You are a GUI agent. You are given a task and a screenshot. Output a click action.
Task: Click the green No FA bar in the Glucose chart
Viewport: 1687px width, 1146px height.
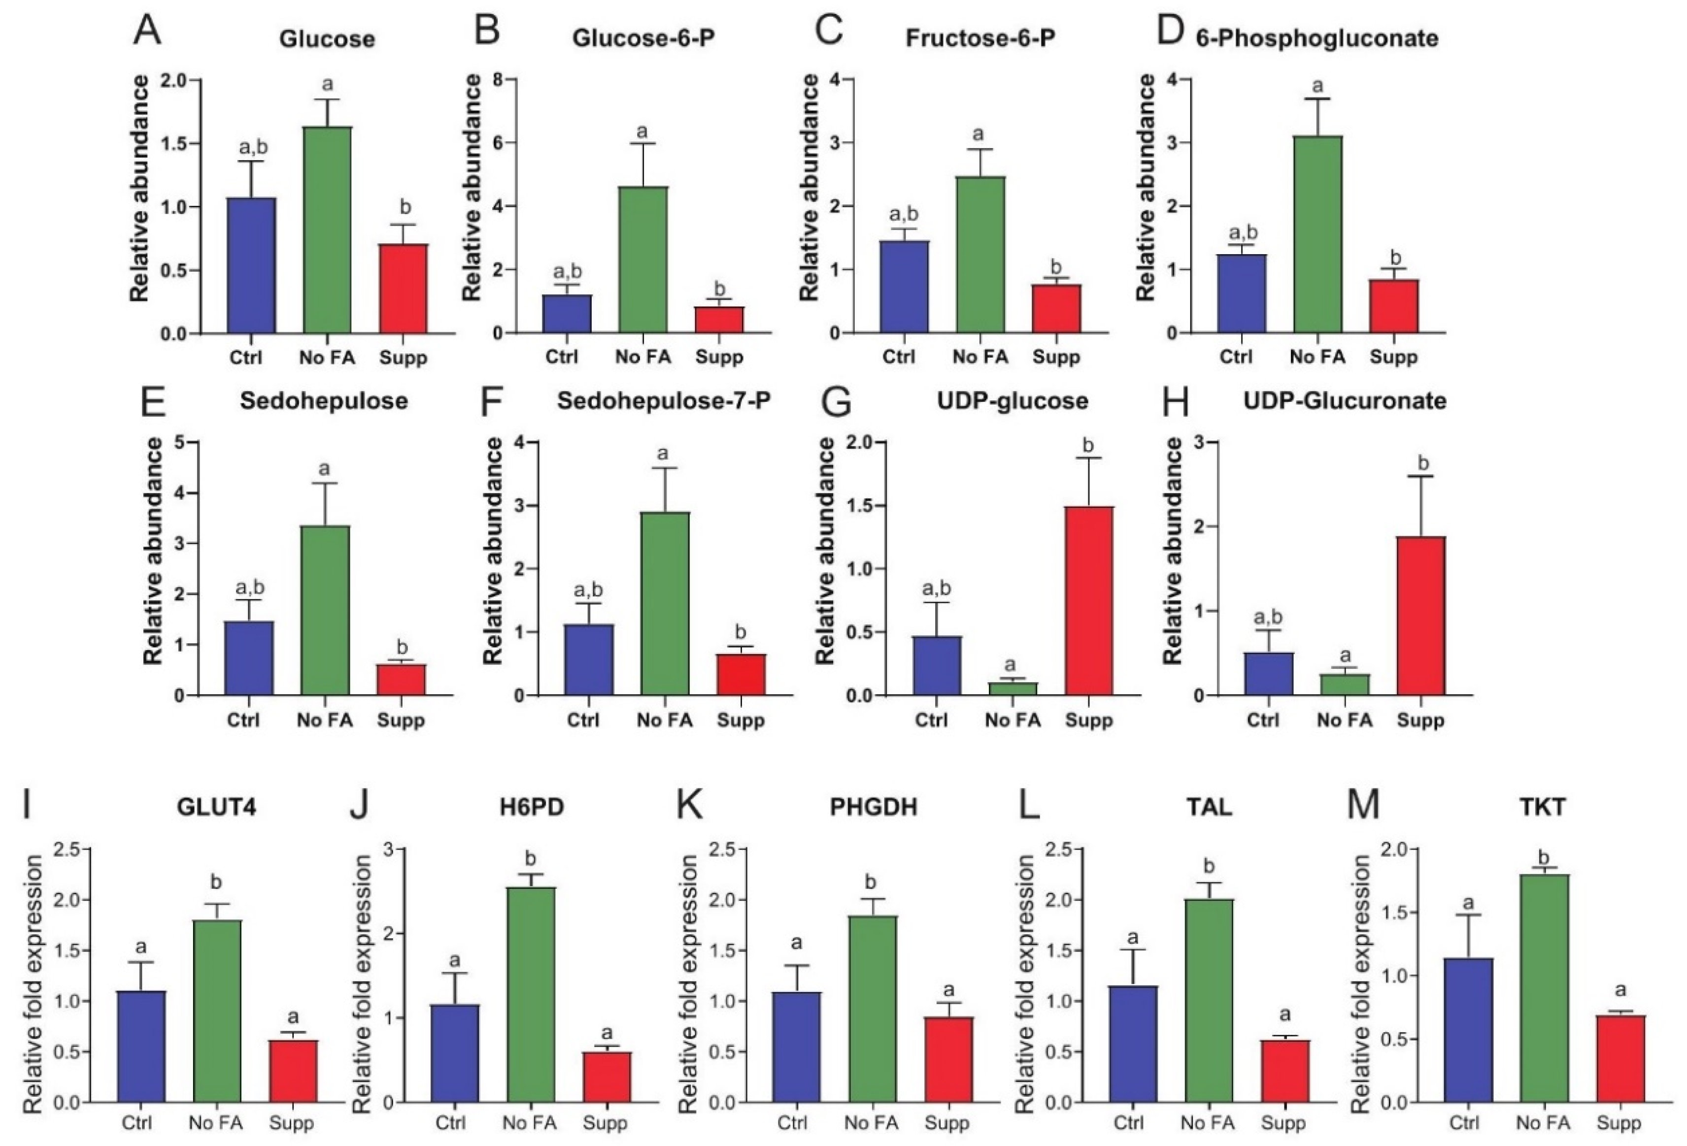(327, 231)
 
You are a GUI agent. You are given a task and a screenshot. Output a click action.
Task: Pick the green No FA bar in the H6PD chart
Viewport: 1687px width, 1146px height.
(530, 995)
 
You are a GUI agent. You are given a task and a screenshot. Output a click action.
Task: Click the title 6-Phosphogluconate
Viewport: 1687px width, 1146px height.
(1317, 38)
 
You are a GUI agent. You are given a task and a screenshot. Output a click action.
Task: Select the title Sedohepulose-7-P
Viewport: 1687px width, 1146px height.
(664, 400)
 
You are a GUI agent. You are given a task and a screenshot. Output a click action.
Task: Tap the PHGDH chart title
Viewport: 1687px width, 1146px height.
(873, 808)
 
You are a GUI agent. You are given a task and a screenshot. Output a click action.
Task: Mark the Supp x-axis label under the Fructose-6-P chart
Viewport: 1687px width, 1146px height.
(1056, 357)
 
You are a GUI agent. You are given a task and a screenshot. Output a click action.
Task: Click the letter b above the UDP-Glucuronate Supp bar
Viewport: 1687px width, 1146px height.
(1423, 463)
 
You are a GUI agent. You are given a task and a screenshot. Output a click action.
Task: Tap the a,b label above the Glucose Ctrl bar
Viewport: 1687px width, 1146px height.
(253, 147)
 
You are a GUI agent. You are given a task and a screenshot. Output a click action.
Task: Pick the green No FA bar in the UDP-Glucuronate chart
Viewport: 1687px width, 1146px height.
(1345, 685)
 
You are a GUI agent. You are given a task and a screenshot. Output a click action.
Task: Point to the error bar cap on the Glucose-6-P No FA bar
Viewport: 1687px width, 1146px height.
(642, 144)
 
